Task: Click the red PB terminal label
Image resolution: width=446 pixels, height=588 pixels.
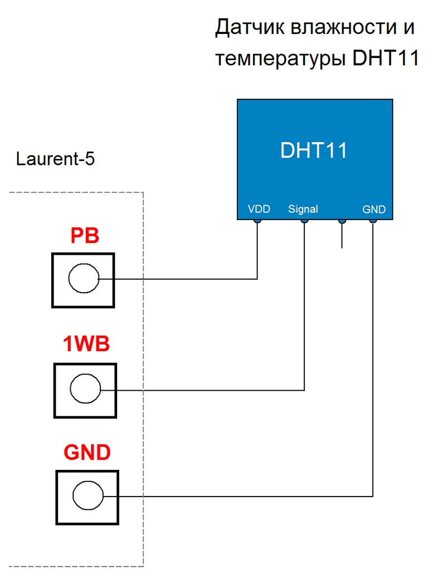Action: [x=85, y=236]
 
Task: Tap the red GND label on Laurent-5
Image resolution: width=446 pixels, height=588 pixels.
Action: [x=87, y=453]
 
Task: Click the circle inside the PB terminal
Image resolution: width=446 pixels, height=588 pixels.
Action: [x=83, y=279]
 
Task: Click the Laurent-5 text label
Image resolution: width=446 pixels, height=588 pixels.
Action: [x=55, y=159]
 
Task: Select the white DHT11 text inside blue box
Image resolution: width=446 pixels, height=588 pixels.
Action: [x=313, y=150]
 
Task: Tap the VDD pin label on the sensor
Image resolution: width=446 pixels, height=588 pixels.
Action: [x=259, y=210]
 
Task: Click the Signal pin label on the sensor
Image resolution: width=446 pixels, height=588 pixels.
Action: [x=303, y=210]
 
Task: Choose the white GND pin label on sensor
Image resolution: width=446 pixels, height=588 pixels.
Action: [x=374, y=210]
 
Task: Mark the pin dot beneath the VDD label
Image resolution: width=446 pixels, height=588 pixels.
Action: [x=258, y=221]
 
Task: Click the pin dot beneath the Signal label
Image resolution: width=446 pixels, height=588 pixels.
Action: [x=304, y=221]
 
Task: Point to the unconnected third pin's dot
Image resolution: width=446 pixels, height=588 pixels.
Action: [x=342, y=221]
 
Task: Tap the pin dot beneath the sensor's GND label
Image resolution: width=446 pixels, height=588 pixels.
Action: [x=373, y=221]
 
